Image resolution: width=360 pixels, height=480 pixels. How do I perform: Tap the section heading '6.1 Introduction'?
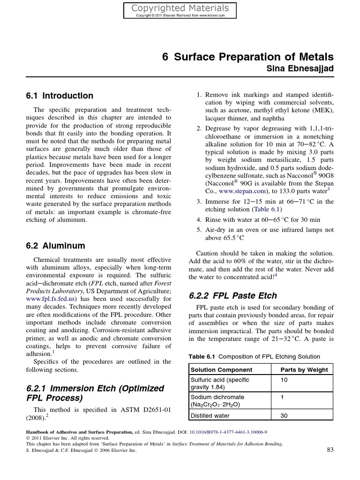click(x=59, y=96)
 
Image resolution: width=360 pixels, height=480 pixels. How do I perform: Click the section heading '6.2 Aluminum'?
click(x=55, y=246)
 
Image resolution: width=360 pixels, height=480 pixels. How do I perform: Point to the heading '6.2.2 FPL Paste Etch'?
click(x=232, y=296)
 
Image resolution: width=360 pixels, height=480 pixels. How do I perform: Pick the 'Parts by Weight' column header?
click(x=304, y=370)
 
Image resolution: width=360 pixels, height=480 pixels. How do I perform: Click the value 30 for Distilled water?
click(x=284, y=415)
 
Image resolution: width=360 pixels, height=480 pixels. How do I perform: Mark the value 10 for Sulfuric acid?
click(x=284, y=380)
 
